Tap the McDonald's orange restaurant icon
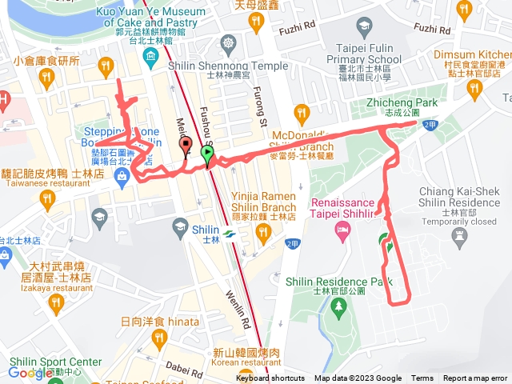301,111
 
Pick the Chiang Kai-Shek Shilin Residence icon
459,236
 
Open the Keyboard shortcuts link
270,378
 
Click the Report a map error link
475,378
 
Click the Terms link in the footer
422,378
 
